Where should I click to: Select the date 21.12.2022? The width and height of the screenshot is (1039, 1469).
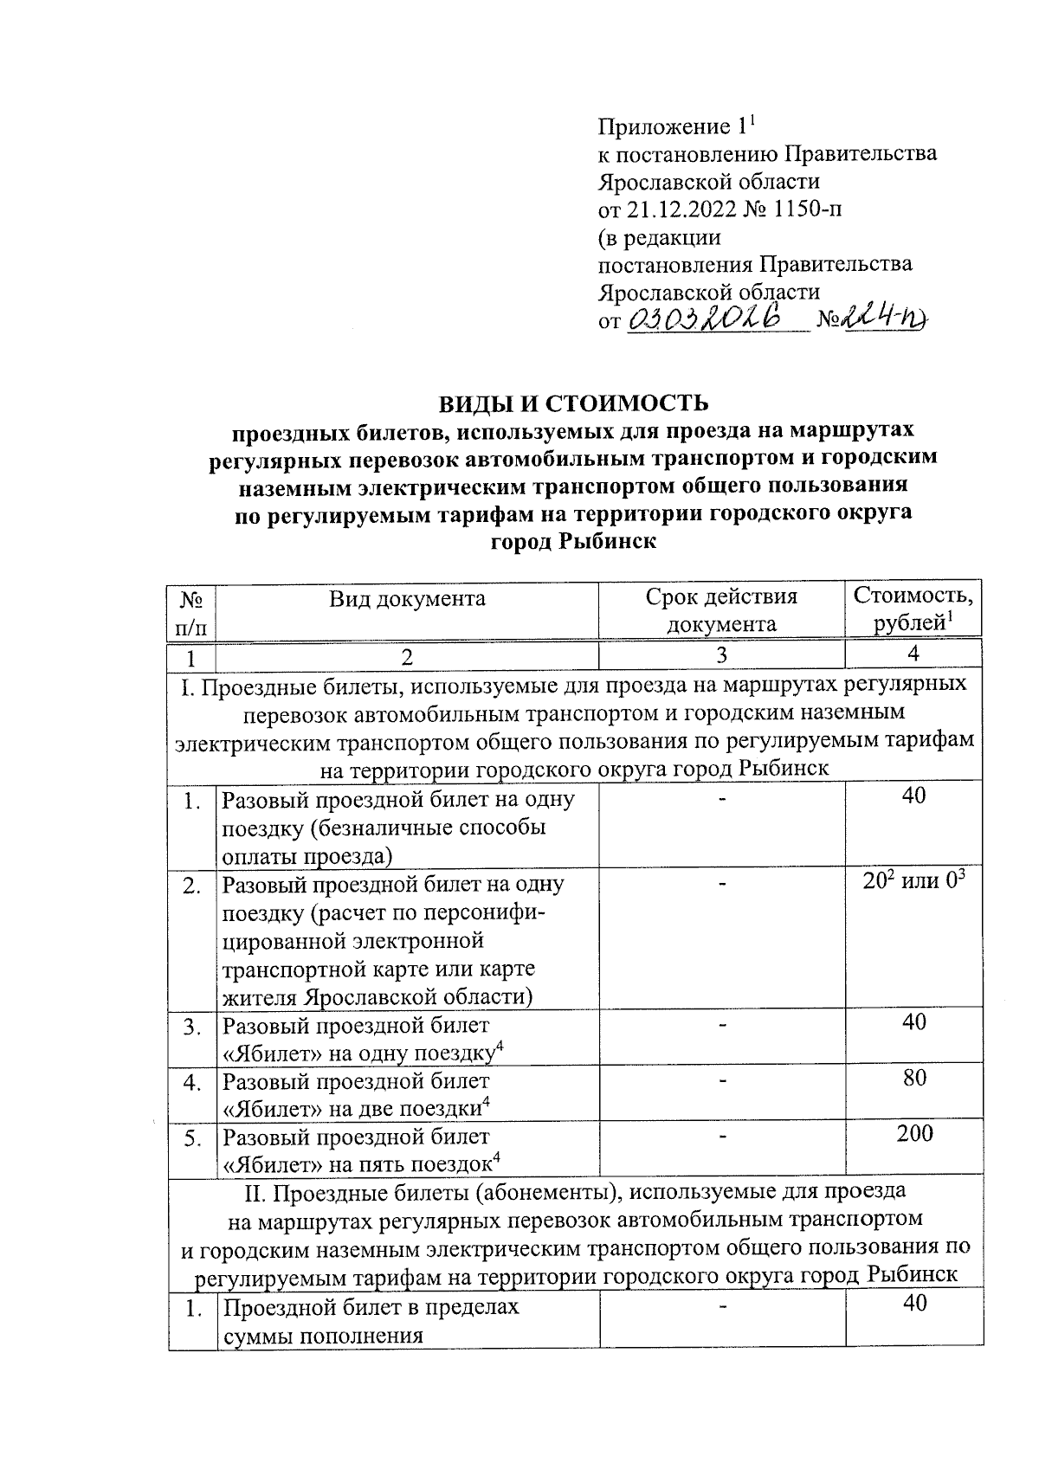pos(674,209)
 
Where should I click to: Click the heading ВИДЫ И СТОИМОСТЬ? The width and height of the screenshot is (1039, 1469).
pos(573,403)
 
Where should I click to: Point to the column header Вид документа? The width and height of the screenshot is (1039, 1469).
pos(406,598)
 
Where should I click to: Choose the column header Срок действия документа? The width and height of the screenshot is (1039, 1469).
pos(720,610)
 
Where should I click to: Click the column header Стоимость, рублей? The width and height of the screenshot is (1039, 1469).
pos(913,608)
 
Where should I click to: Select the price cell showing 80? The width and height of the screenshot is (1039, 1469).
pos(914,1078)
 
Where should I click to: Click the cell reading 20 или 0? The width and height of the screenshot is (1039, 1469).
pos(914,883)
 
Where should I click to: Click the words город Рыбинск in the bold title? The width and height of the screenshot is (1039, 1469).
pos(573,543)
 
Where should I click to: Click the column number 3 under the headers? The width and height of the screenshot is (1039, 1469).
pos(721,655)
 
